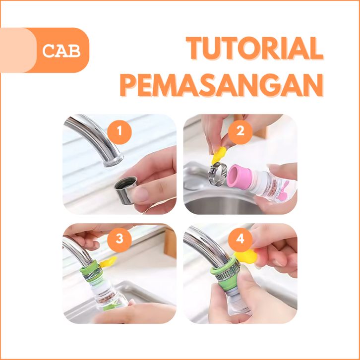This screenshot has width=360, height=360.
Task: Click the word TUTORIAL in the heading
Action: click(x=254, y=49)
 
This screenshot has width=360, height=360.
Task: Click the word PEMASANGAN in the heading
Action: click(x=222, y=85)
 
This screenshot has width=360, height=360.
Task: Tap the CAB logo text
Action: click(x=61, y=51)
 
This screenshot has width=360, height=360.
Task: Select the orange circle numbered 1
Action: click(x=120, y=132)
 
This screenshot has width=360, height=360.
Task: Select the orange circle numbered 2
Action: click(x=240, y=132)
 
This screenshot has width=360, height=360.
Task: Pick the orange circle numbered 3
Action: click(x=120, y=240)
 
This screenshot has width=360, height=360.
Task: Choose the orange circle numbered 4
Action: click(x=240, y=240)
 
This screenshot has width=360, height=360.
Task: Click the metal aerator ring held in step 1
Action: click(x=125, y=189)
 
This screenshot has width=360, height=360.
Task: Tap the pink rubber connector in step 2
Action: click(x=237, y=177)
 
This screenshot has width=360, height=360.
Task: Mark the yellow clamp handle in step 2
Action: click(x=219, y=155)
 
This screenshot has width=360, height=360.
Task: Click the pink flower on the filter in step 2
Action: click(x=284, y=190)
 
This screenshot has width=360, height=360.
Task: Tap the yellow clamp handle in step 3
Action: click(x=109, y=262)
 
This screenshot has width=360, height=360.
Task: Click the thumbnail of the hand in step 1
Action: click(x=140, y=194)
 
